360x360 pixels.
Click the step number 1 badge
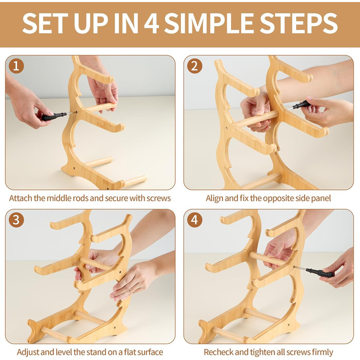pos(16,66)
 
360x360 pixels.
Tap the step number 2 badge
pos(194,66)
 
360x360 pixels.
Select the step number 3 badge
pos(16,220)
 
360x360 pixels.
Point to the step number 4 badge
pos(194,220)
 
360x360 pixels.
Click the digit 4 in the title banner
pos(152,24)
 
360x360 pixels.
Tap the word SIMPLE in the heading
pos(209,24)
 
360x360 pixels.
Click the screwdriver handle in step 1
pos(52,116)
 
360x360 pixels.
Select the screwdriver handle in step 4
pos(320,273)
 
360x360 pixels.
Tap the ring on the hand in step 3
pos(130,292)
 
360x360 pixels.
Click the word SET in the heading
pos(45,24)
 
